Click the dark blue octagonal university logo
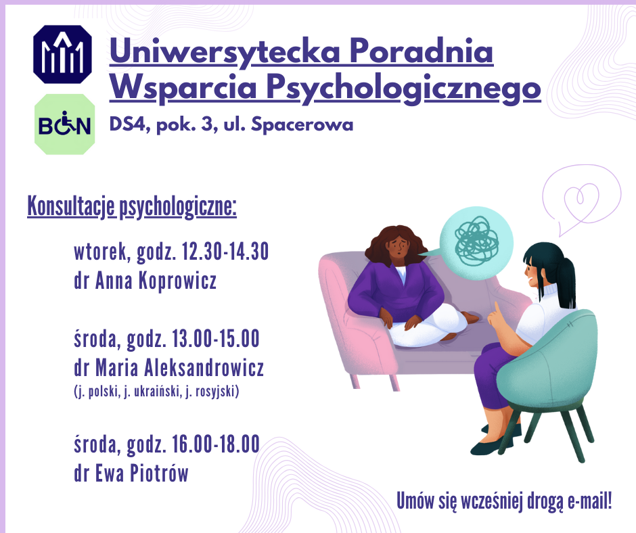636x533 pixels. click(62, 54)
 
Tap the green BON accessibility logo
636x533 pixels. click(64, 124)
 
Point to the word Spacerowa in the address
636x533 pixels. click(302, 124)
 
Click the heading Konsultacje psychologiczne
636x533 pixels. click(132, 206)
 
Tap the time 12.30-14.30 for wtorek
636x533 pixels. click(225, 252)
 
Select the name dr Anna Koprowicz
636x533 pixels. click(145, 280)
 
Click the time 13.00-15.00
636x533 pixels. click(215, 339)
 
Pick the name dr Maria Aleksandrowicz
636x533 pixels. click(168, 367)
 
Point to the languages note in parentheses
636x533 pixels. click(156, 391)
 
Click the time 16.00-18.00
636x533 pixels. click(215, 444)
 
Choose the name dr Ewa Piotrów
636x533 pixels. click(131, 473)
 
